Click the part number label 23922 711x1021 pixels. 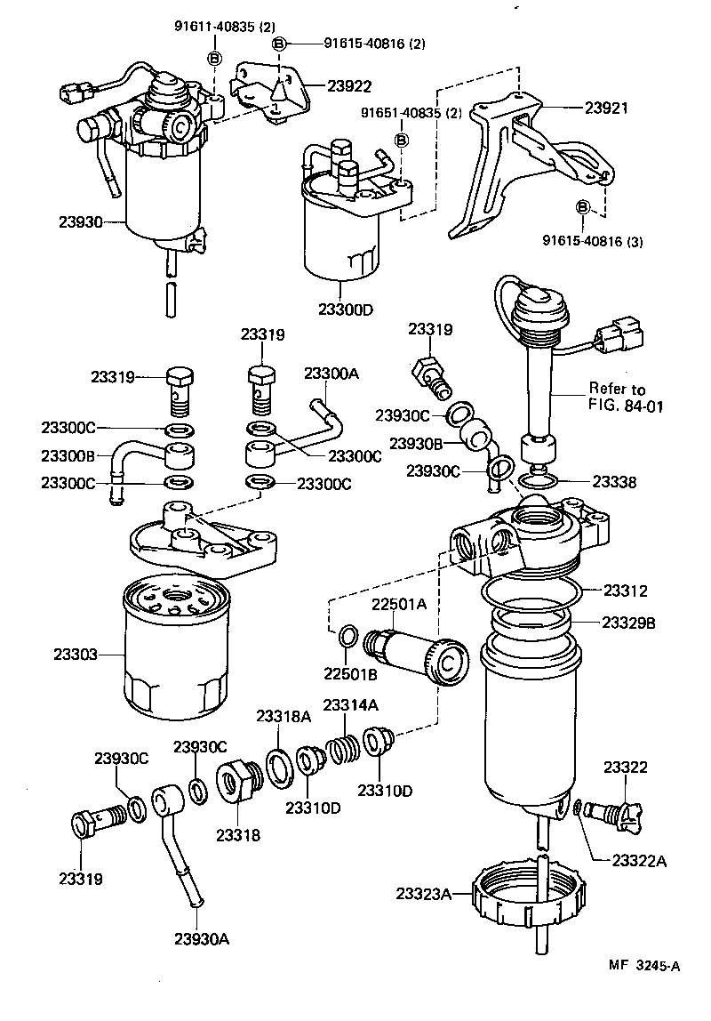tap(349, 85)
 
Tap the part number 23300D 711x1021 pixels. tap(346, 309)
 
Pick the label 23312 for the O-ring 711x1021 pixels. tap(626, 590)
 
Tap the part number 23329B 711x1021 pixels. tap(629, 623)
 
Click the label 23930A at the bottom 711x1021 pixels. tap(202, 938)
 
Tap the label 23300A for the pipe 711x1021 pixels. tap(332, 375)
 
